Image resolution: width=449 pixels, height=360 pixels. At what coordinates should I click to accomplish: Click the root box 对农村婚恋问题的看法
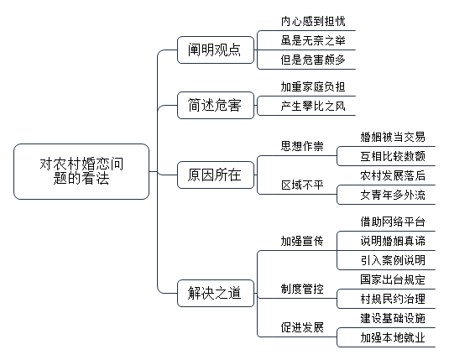[x=81, y=171]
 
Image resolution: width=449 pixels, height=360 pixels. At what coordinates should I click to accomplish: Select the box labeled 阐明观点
[x=216, y=50]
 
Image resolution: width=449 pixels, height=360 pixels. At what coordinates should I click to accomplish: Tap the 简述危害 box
[x=216, y=105]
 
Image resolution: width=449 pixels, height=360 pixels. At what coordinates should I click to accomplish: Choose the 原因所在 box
[x=216, y=175]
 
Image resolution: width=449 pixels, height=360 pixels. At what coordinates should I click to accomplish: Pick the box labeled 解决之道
[x=216, y=293]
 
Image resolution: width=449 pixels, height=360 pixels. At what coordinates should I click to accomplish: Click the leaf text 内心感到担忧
[x=313, y=21]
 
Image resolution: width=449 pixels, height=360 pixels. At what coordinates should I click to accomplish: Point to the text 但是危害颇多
[x=313, y=60]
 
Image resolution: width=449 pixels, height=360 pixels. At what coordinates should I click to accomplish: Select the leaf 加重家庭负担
[x=313, y=86]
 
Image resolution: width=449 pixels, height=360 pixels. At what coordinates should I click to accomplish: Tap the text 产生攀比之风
[x=313, y=106]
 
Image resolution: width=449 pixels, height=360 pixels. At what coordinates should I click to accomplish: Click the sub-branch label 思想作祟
[x=302, y=146]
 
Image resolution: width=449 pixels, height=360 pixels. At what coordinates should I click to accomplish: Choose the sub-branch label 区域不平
[x=302, y=185]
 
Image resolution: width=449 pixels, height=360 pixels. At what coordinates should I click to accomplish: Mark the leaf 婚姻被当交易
[x=393, y=137]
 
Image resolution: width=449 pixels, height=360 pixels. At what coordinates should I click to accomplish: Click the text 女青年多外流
[x=393, y=195]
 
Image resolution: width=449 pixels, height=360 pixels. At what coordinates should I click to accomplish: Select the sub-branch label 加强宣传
[x=302, y=241]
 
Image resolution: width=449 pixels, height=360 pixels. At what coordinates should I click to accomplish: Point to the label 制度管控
[x=302, y=289]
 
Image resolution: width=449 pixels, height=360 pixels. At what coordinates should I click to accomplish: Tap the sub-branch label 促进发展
[x=302, y=327]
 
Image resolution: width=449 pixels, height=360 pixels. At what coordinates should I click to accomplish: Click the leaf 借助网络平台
[x=393, y=222]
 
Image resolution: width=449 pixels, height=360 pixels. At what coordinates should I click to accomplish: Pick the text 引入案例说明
[x=393, y=260]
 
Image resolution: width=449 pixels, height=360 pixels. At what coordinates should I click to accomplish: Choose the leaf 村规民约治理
[x=393, y=299]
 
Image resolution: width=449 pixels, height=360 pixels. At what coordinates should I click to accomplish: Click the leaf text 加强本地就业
[x=393, y=337]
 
